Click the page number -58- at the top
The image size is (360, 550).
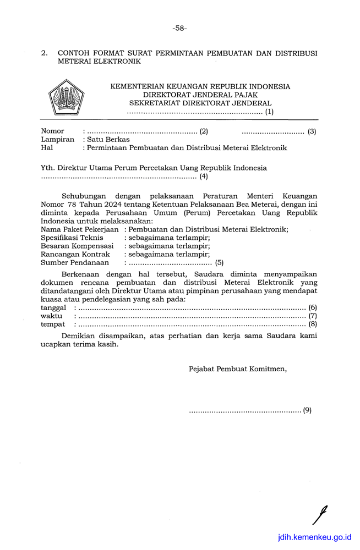point(179,28)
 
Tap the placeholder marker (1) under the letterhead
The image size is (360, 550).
point(269,112)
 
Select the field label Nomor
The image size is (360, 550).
point(53,131)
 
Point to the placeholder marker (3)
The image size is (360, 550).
point(312,131)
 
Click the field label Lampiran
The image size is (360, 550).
point(57,140)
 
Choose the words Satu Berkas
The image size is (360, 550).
point(108,140)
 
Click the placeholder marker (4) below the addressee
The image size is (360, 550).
point(204,177)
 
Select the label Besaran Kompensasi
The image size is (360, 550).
point(77,246)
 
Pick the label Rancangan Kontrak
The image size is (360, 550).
point(75,254)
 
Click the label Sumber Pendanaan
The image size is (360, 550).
point(75,263)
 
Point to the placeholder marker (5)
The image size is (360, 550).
point(219,263)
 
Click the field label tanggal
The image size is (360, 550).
point(53,307)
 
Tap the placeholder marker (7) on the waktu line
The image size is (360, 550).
point(313,316)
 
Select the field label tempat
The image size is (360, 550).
point(52,324)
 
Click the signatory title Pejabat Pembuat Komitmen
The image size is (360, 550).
point(238,369)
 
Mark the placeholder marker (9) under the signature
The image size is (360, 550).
point(307,410)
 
